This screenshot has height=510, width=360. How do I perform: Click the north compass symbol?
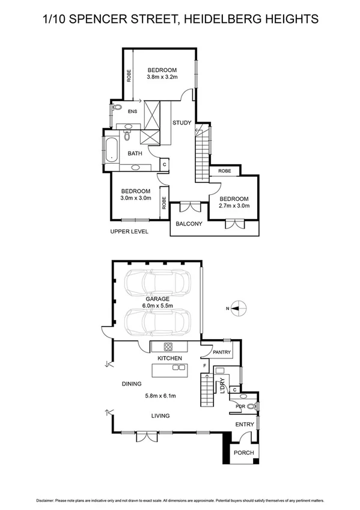coord(237,309)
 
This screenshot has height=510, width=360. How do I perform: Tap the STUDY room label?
coord(182,123)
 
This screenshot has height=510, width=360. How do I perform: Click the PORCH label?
coord(243,453)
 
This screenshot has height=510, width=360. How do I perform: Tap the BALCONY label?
coord(189,224)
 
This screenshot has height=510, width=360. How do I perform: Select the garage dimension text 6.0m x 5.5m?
coord(157,306)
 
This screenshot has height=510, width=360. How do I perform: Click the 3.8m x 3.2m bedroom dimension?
coord(163,77)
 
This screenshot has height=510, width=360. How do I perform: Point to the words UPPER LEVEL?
coord(129,232)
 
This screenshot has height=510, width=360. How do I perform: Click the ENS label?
coord(133,112)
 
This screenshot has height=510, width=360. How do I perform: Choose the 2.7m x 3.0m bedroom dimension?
coord(234,206)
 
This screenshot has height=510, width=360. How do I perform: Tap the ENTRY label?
coord(245,425)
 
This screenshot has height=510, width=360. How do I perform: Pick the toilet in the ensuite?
coord(116,110)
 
